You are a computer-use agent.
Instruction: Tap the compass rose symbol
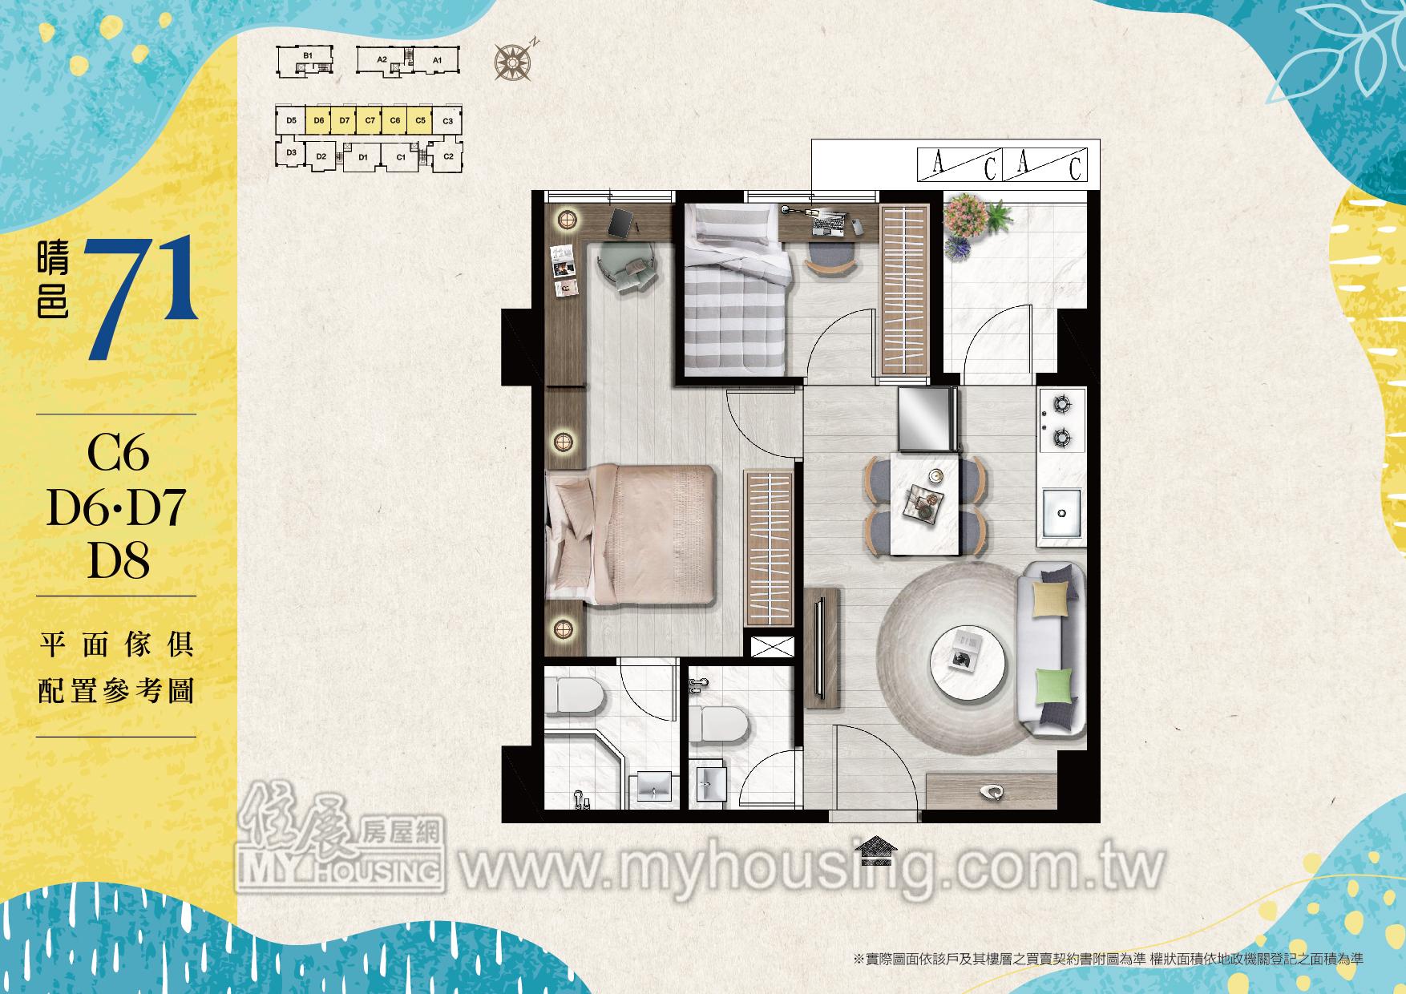(511, 61)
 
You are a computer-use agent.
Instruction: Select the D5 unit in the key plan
(291, 120)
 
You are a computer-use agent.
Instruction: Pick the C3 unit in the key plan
(447, 121)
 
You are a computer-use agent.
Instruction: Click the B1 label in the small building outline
(307, 55)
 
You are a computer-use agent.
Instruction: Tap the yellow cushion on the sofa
(1051, 599)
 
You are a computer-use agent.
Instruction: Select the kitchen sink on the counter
(1060, 514)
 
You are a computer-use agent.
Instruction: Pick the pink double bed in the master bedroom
(629, 535)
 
